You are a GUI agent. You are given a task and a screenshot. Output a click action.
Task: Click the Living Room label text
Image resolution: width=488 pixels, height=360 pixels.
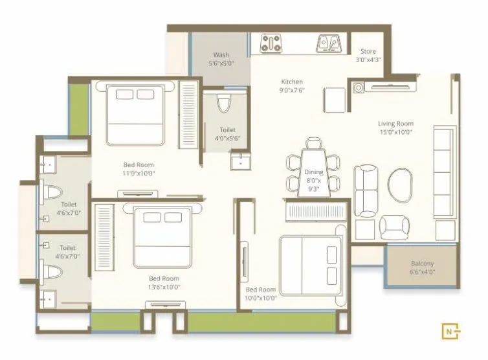395,124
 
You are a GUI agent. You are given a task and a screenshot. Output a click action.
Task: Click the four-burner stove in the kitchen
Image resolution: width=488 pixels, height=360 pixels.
270,43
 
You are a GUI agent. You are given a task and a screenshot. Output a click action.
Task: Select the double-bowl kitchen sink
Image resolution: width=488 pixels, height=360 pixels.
328,43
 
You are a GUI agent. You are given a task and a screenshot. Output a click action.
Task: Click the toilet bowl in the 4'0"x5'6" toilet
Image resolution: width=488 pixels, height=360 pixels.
224,104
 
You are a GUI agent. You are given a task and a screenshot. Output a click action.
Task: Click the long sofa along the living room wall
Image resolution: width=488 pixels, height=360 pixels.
445,172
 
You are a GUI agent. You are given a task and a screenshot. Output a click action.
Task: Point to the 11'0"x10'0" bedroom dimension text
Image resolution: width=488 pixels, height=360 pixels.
139,174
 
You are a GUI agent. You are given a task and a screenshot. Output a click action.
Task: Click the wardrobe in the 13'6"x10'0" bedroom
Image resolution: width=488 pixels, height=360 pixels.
104,236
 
